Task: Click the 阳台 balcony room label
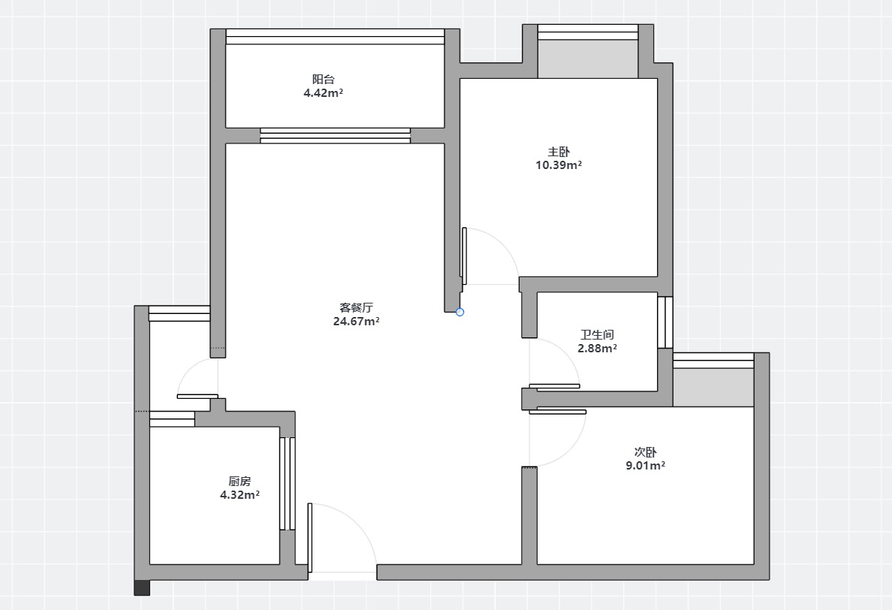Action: pos(323,79)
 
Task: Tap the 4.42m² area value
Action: pos(323,92)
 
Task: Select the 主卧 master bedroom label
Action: pos(559,151)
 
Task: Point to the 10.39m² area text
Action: pos(559,165)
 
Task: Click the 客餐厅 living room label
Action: pos(356,307)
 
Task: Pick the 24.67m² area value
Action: pos(356,321)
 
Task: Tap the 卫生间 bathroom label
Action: pos(598,334)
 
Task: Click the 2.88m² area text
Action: pos(598,349)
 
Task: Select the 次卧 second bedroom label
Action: pos(646,451)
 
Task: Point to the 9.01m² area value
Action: pos(646,466)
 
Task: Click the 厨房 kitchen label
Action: pos(240,482)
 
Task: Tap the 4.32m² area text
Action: pos(240,495)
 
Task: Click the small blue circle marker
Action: pos(460,312)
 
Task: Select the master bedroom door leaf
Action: pos(464,256)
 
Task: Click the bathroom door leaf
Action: pos(555,386)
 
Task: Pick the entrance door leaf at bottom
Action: pos(310,538)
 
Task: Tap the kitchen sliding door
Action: pos(288,484)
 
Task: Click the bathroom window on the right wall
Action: pos(665,322)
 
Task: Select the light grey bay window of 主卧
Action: pos(588,59)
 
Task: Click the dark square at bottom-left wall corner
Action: pos(142,587)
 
